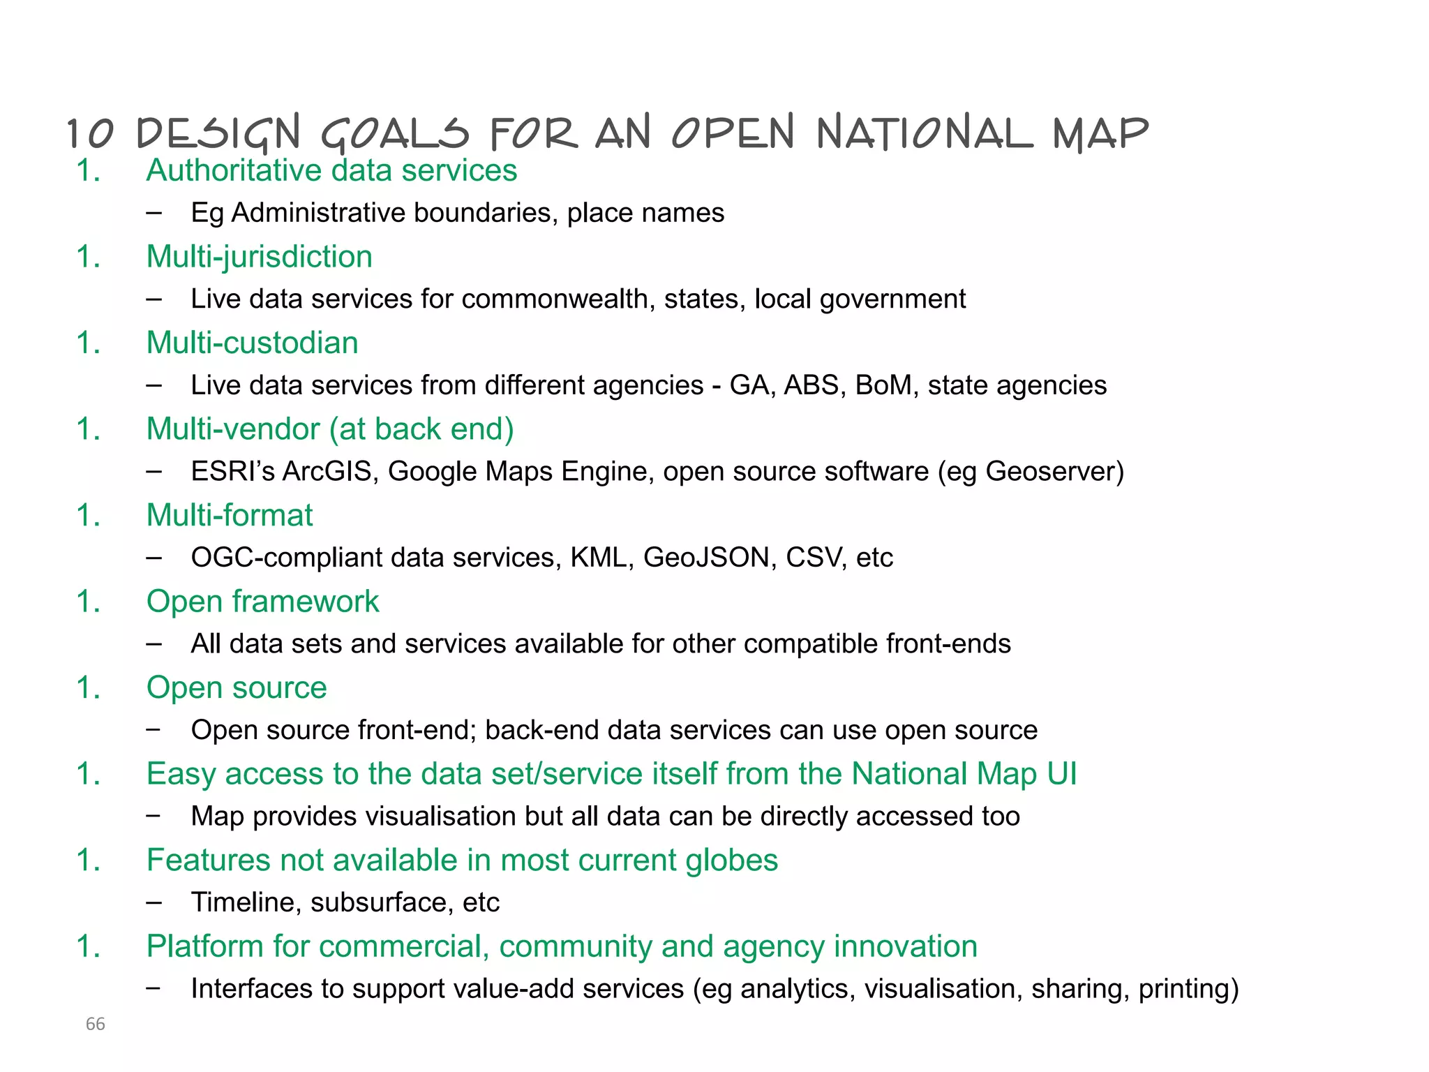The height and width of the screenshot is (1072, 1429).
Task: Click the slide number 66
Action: [95, 1024]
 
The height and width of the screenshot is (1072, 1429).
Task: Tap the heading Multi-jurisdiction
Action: [259, 257]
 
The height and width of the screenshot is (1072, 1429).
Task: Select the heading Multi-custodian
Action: [252, 343]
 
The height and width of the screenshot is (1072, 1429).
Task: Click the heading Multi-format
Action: [229, 515]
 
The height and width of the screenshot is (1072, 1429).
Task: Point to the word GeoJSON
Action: [706, 558]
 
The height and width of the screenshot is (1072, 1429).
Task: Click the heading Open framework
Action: [262, 602]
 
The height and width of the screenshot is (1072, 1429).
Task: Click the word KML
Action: [599, 558]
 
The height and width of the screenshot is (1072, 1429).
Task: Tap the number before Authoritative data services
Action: [89, 171]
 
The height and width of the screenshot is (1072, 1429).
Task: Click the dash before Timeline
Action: [154, 902]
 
